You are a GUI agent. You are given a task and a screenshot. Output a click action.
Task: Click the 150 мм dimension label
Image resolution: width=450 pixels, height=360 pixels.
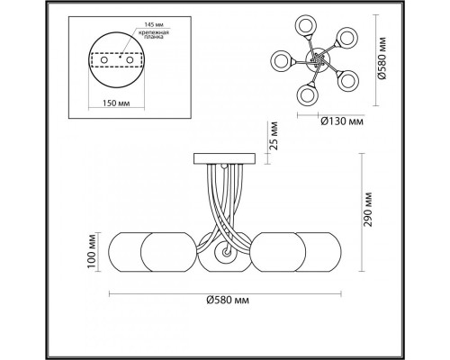coord(116,103)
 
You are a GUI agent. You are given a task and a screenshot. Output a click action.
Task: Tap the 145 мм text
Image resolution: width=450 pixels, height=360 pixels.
coord(154,24)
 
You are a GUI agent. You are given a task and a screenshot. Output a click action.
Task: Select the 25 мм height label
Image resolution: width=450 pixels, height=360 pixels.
coord(274,136)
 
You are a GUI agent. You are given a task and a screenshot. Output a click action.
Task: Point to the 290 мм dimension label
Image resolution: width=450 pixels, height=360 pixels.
coord(368,210)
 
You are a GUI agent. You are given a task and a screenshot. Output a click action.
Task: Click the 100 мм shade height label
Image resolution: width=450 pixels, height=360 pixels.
coord(92,251)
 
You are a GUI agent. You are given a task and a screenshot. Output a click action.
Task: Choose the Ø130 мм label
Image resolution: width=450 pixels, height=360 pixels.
coord(342,121)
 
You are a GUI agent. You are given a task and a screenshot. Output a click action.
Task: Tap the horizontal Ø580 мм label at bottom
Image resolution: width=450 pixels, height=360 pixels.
coord(228,300)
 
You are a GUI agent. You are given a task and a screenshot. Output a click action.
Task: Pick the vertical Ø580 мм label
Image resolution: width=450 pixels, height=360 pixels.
coord(382,58)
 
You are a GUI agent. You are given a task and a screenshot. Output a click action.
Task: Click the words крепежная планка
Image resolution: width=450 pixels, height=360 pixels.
coord(154,34)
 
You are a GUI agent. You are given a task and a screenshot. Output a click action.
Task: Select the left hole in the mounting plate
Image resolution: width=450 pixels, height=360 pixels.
coord(104,60)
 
